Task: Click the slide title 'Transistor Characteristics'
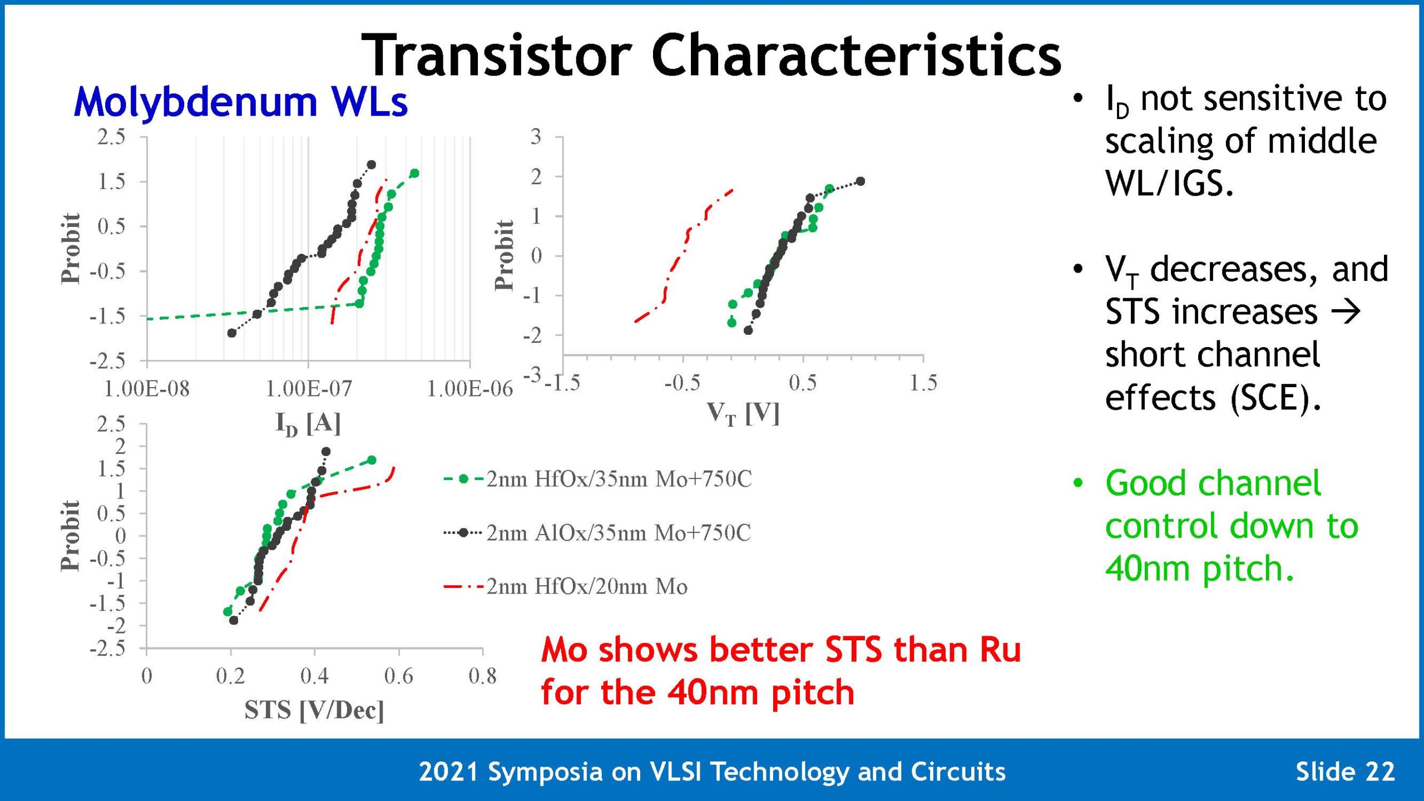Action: (711, 55)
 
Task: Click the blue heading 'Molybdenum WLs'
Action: (241, 102)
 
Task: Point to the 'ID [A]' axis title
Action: (308, 424)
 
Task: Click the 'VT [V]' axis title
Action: (743, 414)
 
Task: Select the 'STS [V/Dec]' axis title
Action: (314, 710)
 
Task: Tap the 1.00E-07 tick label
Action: (309, 389)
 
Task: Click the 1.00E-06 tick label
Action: (470, 389)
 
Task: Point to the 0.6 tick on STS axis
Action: (399, 676)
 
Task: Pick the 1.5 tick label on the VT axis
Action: (923, 383)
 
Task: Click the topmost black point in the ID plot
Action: (372, 165)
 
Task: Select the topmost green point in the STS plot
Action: (372, 460)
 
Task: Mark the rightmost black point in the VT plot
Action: (861, 181)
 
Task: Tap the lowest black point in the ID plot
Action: (232, 333)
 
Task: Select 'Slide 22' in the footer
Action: (1346, 772)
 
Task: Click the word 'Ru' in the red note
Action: (1000, 650)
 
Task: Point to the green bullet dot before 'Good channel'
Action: (1078, 483)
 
